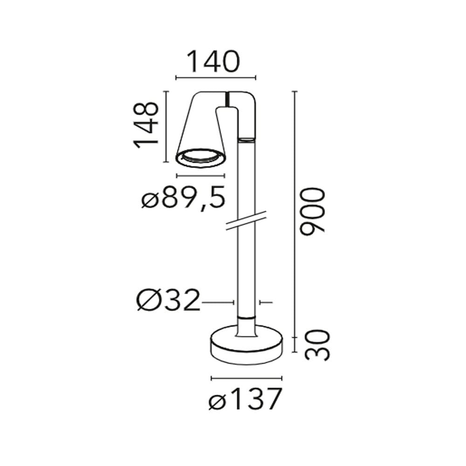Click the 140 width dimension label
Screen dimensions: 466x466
213,62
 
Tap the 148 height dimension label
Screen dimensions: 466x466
145,125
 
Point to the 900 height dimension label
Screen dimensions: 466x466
312,211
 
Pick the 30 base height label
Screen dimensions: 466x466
317,345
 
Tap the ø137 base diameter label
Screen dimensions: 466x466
245,399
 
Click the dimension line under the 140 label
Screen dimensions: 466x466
216,78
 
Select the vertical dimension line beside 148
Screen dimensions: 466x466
166,127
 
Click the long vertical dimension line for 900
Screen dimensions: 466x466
295,214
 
